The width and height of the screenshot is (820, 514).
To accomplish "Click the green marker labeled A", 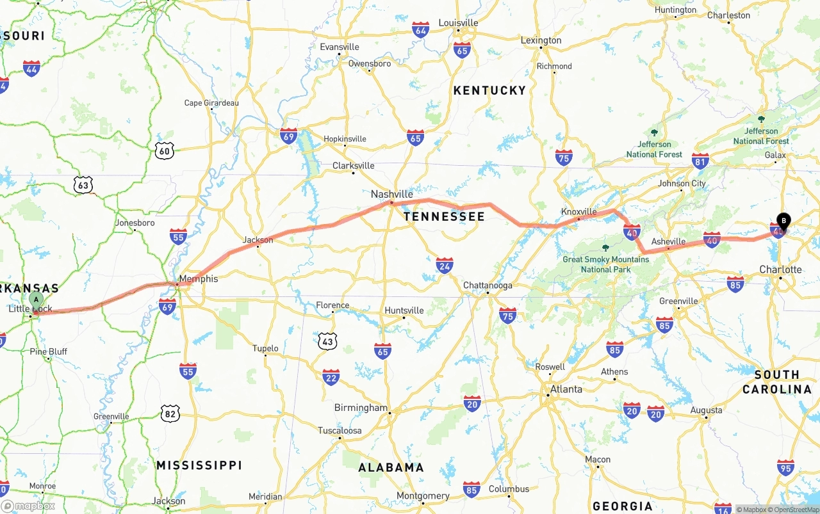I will (x=37, y=299).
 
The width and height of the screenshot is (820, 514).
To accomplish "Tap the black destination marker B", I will (x=783, y=221).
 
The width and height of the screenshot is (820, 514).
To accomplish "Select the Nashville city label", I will (x=392, y=194).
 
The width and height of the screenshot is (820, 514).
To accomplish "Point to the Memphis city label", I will (x=199, y=279).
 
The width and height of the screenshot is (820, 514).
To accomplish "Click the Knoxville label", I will (x=578, y=212).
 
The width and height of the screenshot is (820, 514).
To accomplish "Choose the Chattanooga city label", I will (x=488, y=285).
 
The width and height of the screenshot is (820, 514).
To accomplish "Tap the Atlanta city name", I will (x=566, y=389).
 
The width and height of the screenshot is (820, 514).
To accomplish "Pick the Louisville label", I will (x=458, y=23).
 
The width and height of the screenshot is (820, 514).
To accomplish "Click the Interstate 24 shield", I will (x=445, y=265).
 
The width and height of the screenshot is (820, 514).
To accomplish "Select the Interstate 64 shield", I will (x=421, y=29).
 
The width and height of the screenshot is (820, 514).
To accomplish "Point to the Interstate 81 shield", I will (x=700, y=161).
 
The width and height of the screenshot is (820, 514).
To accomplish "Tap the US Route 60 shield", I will (x=165, y=151).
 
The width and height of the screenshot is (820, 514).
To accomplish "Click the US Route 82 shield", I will (x=170, y=414).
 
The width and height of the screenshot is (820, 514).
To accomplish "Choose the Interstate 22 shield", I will (x=331, y=377).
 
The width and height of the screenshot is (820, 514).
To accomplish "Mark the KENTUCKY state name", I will (x=489, y=91).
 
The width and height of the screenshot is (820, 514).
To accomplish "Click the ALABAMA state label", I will (x=391, y=468).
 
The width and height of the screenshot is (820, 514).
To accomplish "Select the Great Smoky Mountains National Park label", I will (x=605, y=264).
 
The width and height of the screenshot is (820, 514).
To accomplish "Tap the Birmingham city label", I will (x=361, y=408).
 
